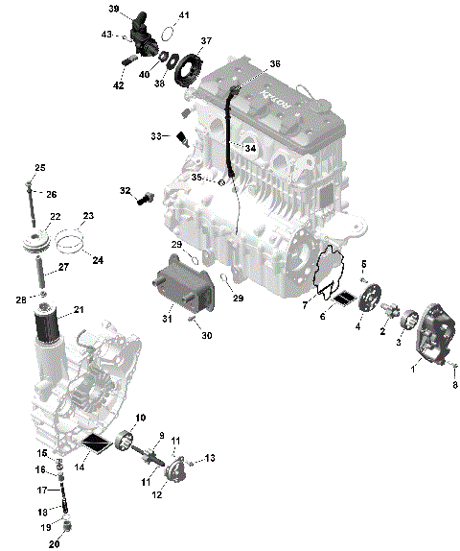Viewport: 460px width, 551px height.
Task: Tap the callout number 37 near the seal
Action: [x=206, y=42]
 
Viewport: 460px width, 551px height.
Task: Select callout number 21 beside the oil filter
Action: [x=79, y=309]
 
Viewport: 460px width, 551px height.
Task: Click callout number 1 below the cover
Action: [x=413, y=367]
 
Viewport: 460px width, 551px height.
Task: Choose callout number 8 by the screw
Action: [x=455, y=385]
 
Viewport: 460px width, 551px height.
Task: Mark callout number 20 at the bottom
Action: [x=54, y=544]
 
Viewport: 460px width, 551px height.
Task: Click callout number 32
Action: [x=125, y=191]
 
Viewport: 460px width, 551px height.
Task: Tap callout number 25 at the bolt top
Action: [x=40, y=169]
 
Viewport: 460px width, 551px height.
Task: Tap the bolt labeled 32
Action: [x=145, y=200]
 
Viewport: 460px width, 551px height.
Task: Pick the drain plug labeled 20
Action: [x=66, y=525]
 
